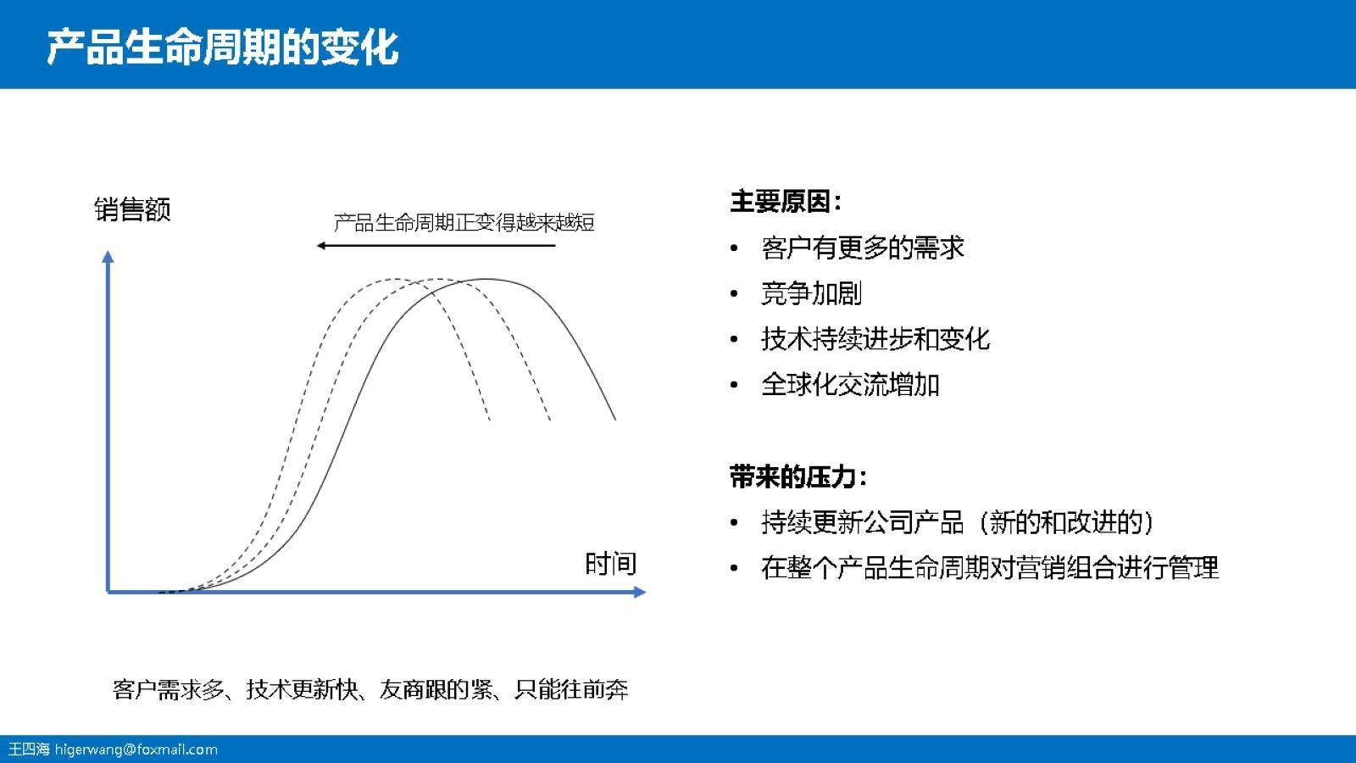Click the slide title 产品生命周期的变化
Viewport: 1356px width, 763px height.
coord(222,47)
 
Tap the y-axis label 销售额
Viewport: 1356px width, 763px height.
coord(132,209)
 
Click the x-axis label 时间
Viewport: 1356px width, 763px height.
coord(610,564)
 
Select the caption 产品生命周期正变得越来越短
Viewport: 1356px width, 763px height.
coord(464,223)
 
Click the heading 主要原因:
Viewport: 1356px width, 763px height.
coord(786,202)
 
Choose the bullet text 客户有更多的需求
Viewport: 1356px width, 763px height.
coord(862,248)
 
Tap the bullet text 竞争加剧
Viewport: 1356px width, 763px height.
coord(811,294)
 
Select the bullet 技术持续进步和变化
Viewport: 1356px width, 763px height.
coord(875,339)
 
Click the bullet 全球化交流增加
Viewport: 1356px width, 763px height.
coord(850,385)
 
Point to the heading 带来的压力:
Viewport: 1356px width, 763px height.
coord(798,476)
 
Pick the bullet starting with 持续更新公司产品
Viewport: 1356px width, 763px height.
coord(958,522)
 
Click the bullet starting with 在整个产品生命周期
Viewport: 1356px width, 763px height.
coord(989,567)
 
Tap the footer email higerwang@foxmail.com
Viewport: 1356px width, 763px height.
coord(136,749)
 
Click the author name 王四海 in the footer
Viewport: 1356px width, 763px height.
coord(29,749)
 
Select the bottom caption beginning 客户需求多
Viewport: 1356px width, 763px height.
coord(370,689)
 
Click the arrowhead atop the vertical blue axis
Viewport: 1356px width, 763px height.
coord(108,256)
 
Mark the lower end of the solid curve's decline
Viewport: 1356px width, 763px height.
coord(614,418)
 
